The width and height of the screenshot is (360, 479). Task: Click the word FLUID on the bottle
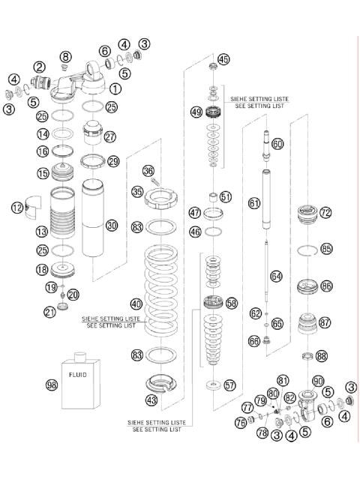[77, 373]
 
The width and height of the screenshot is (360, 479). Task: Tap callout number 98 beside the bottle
[50, 385]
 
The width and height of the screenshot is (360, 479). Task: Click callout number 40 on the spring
[136, 304]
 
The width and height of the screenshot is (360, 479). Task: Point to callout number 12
[18, 208]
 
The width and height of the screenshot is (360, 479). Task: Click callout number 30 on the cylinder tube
[112, 225]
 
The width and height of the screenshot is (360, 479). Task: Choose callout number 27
[110, 136]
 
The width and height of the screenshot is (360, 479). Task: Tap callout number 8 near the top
[66, 57]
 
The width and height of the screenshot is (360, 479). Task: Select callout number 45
[223, 59]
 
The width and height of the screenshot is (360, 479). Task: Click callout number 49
[196, 112]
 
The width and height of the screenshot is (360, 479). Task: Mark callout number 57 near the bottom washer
[229, 385]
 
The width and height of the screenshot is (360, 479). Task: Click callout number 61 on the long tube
[255, 203]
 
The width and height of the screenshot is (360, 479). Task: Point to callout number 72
[325, 213]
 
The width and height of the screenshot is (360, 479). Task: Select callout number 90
[318, 381]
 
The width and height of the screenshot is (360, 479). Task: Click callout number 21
[50, 312]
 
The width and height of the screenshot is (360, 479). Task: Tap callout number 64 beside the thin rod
[276, 277]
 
